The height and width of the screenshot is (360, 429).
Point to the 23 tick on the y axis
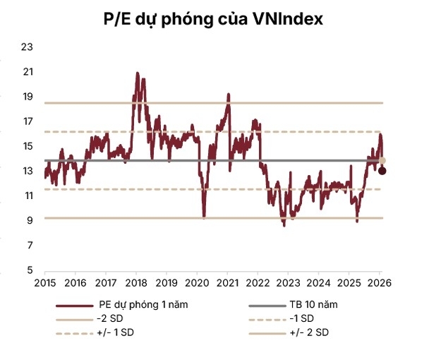[x=28, y=47]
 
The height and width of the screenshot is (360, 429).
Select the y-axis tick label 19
[x=28, y=97]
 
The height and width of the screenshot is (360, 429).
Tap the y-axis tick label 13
[x=28, y=171]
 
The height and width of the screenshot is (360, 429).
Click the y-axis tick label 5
[x=30, y=270]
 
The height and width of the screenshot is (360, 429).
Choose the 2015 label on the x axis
[x=44, y=282]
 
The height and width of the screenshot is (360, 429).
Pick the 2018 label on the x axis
[x=135, y=282]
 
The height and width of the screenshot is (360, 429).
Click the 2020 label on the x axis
[x=196, y=282]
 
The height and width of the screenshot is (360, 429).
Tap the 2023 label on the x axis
[x=288, y=282]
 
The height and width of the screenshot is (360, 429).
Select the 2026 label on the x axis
[x=379, y=282]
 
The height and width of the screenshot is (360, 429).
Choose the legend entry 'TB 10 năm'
[x=313, y=306]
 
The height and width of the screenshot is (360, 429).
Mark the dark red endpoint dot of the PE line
[x=382, y=171]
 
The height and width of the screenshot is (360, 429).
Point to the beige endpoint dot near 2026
[x=382, y=161]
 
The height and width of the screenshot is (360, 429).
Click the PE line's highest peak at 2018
[x=137, y=73]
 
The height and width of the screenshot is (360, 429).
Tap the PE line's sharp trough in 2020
[x=204, y=216]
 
